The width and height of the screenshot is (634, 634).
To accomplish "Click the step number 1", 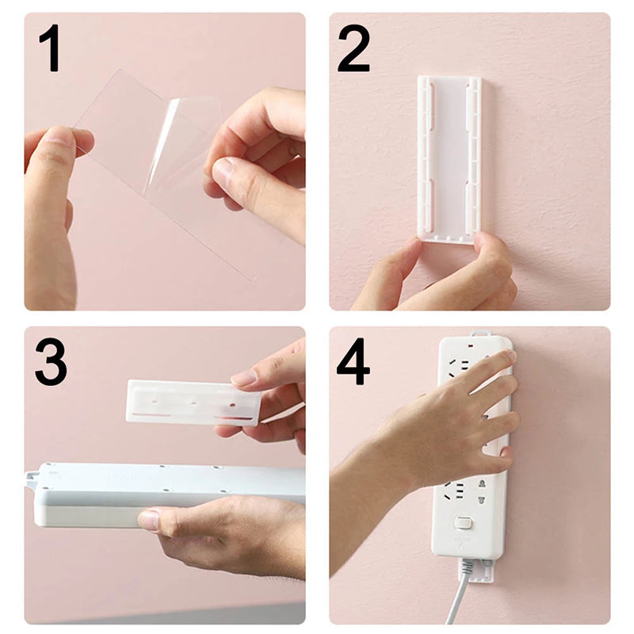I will [49, 49].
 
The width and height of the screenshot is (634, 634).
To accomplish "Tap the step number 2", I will [353, 49].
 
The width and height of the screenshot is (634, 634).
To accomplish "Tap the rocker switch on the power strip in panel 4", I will [464, 523].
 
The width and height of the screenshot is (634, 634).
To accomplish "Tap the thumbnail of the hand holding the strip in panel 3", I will [148, 521].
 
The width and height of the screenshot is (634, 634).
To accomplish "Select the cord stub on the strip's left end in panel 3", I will [31, 477].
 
